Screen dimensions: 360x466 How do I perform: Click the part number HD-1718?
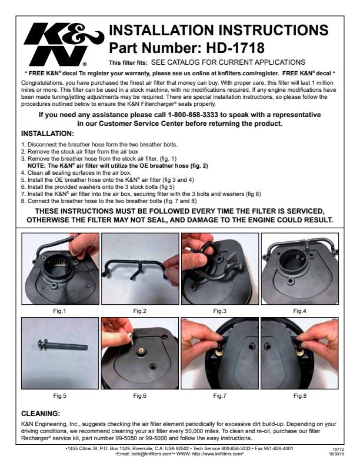pyautogui.click(x=235, y=48)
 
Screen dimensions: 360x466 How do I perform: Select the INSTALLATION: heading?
pyautogui.click(x=48, y=134)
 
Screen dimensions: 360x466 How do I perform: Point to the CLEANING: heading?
pyautogui.click(x=41, y=414)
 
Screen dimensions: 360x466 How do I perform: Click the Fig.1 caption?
pyautogui.click(x=59, y=311)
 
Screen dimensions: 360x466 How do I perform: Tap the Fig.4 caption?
pyautogui.click(x=299, y=311)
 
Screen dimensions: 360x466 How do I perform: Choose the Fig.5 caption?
pyautogui.click(x=59, y=396)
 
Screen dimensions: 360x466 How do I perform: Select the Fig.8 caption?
pyautogui.click(x=299, y=396)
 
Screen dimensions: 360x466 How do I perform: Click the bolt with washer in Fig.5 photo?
pyautogui.click(x=63, y=345)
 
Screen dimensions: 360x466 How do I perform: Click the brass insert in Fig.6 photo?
pyautogui.click(x=142, y=351)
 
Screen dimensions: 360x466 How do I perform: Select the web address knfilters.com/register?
pyautogui.click(x=248, y=74)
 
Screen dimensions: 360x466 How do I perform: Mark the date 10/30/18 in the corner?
pyautogui.click(x=336, y=454)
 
